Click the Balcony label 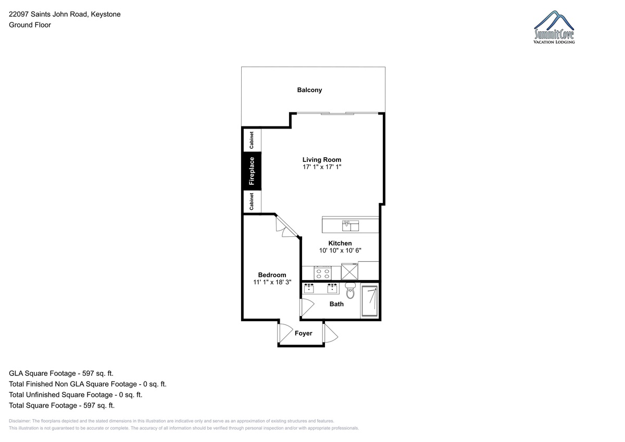pyautogui.click(x=309, y=90)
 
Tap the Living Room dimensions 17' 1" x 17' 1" pyautogui.click(x=322, y=167)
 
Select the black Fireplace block pyautogui.click(x=252, y=171)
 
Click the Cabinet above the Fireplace pyautogui.click(x=252, y=140)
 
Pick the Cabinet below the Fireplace pyautogui.click(x=252, y=201)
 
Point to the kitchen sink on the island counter pyautogui.click(x=351, y=225)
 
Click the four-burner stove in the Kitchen pyautogui.click(x=322, y=273)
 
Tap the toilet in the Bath pyautogui.click(x=350, y=291)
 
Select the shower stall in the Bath pyautogui.click(x=369, y=301)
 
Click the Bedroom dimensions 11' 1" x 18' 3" pyautogui.click(x=272, y=282)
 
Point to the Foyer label pyautogui.click(x=303, y=333)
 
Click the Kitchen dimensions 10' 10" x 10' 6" pyautogui.click(x=340, y=250)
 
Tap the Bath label pyautogui.click(x=336, y=304)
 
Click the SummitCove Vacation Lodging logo pyautogui.click(x=554, y=27)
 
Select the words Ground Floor pyautogui.click(x=30, y=25)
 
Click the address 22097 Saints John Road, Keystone pyautogui.click(x=65, y=14)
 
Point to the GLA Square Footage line pyautogui.click(x=61, y=373)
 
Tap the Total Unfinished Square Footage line pyautogui.click(x=76, y=395)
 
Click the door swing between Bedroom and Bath pyautogui.click(x=307, y=307)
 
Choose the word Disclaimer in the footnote pyautogui.click(x=20, y=421)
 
